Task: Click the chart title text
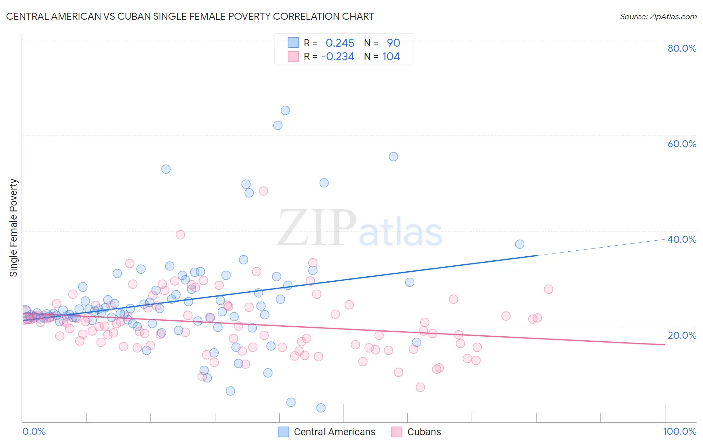pyautogui.click(x=190, y=16)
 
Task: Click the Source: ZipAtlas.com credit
pyautogui.click(x=658, y=16)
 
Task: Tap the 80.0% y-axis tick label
pyautogui.click(x=682, y=48)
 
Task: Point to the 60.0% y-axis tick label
pyautogui.click(x=682, y=144)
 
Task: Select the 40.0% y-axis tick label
pyautogui.click(x=682, y=239)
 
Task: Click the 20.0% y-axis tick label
pyautogui.click(x=682, y=335)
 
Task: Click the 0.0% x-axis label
pyautogui.click(x=34, y=431)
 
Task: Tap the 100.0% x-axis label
pyautogui.click(x=680, y=431)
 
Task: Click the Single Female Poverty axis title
pyautogui.click(x=14, y=228)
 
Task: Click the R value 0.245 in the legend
pyautogui.click(x=340, y=43)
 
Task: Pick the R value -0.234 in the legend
pyautogui.click(x=338, y=57)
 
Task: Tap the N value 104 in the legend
pyautogui.click(x=391, y=57)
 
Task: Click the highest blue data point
pyautogui.click(x=285, y=110)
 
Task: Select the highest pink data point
pyautogui.click(x=263, y=191)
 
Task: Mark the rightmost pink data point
pyautogui.click(x=548, y=289)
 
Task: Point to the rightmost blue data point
pyautogui.click(x=520, y=244)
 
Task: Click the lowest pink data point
pyautogui.click(x=420, y=387)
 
